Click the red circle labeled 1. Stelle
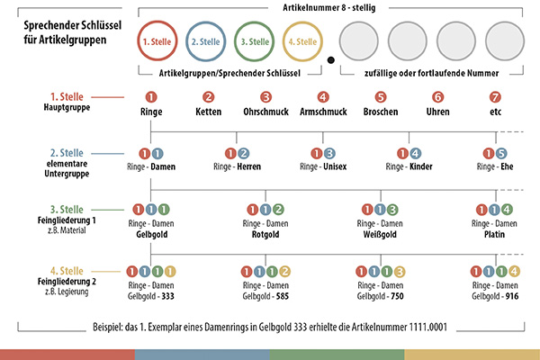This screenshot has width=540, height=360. pos(159,41)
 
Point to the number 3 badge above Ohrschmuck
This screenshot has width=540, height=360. pos(265,97)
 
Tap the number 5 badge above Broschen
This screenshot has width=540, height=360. pos(381,97)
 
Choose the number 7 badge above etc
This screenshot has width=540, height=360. pos(494,97)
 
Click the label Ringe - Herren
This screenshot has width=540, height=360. pos(238,167)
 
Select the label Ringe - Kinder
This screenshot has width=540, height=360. pos(409,167)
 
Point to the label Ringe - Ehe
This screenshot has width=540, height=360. pos(494,167)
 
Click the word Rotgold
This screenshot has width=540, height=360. pos(265,233)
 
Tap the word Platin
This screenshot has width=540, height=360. pos(494,233)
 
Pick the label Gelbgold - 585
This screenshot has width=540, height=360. pos(265,295)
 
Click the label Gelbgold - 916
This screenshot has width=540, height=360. pos(494,295)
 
